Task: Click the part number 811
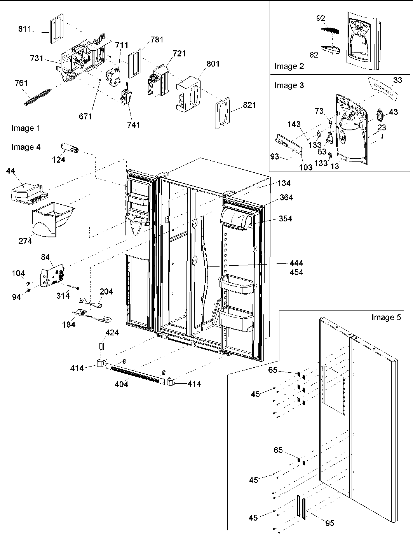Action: point(24,29)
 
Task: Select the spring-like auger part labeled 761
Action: point(38,97)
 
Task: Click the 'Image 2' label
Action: point(289,66)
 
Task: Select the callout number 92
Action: point(321,18)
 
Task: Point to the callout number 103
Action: point(306,168)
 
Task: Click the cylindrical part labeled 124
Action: point(69,148)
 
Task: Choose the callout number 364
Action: point(286,197)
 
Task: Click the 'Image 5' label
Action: point(386,317)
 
